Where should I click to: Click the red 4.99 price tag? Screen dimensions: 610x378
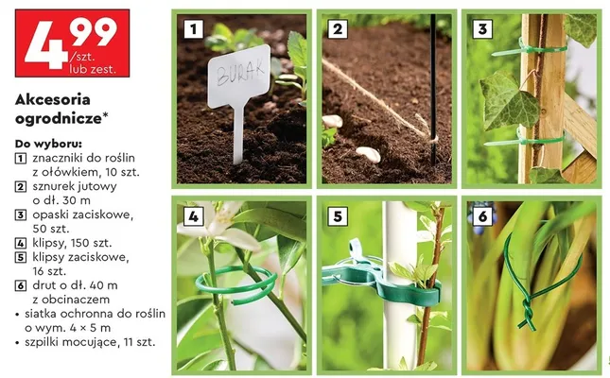tap(73, 43)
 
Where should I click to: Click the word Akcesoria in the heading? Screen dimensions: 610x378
tap(53, 99)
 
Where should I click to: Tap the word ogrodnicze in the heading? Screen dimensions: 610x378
tap(59, 119)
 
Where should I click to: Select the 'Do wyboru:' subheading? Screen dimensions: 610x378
tap(48, 144)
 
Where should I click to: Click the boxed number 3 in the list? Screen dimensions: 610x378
tap(20, 215)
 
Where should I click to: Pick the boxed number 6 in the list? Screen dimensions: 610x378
tap(20, 285)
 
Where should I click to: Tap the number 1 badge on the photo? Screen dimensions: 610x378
tap(193, 28)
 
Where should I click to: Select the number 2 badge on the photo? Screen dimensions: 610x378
tap(338, 28)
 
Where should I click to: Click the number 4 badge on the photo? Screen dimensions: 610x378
tap(193, 216)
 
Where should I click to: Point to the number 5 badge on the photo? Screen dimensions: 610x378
tap(338, 216)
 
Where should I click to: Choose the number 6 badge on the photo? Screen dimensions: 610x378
tap(482, 216)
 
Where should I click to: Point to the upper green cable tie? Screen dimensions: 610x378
tap(529, 50)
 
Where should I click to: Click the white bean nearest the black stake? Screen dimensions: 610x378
tap(368, 154)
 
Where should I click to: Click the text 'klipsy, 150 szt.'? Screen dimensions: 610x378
tap(72, 243)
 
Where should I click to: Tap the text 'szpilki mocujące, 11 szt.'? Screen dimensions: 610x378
tap(90, 343)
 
